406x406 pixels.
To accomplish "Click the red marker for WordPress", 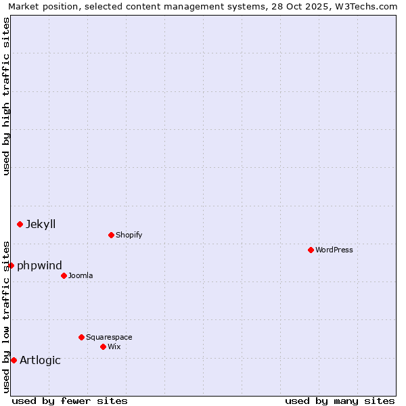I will (x=311, y=250).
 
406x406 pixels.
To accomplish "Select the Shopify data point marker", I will (x=111, y=235).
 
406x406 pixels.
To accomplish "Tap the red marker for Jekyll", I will (x=20, y=224).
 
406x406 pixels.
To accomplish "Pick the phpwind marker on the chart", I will (x=11, y=265).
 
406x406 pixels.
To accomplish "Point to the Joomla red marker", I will (x=64, y=275).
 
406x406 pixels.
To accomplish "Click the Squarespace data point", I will (x=81, y=337).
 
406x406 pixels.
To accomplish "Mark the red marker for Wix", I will (x=103, y=346).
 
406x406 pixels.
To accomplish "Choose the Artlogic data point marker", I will (x=14, y=360).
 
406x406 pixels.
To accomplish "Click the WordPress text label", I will (x=334, y=250).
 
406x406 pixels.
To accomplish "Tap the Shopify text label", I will (x=129, y=235).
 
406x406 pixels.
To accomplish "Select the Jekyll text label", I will (x=41, y=224).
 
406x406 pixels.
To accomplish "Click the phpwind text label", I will (x=39, y=265).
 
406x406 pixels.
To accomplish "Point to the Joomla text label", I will (x=81, y=275).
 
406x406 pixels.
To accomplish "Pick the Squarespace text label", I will (x=109, y=337).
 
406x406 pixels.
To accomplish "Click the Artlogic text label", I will (x=40, y=360).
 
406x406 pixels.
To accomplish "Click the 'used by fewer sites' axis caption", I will (x=70, y=401).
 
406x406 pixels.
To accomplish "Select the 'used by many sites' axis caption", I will (x=340, y=401).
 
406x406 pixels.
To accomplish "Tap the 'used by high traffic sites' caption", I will (x=7, y=96).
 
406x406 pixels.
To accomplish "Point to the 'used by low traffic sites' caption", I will (x=7, y=316).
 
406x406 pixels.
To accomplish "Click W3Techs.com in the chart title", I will (x=366, y=6).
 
